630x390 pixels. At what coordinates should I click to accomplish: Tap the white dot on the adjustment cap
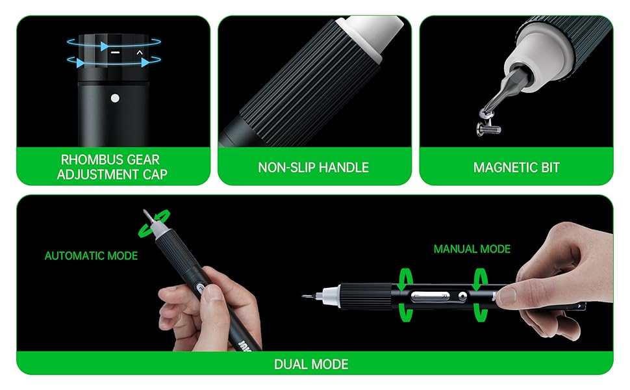(115, 98)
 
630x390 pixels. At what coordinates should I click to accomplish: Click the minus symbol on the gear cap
(116, 53)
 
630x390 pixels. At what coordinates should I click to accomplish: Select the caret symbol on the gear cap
(140, 52)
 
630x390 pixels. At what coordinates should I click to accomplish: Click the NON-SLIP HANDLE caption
(314, 167)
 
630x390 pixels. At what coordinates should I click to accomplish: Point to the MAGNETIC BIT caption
(516, 167)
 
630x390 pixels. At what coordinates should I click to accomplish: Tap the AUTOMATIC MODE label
(91, 255)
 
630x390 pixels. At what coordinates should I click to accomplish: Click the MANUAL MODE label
(472, 249)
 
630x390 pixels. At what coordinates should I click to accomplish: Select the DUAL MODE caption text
(311, 364)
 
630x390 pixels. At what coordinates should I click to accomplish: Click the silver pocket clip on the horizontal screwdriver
(430, 296)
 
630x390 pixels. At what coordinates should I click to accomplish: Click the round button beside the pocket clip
(462, 296)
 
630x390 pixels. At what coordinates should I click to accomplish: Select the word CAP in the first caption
(155, 174)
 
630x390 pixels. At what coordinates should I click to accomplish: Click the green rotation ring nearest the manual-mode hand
(480, 296)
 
